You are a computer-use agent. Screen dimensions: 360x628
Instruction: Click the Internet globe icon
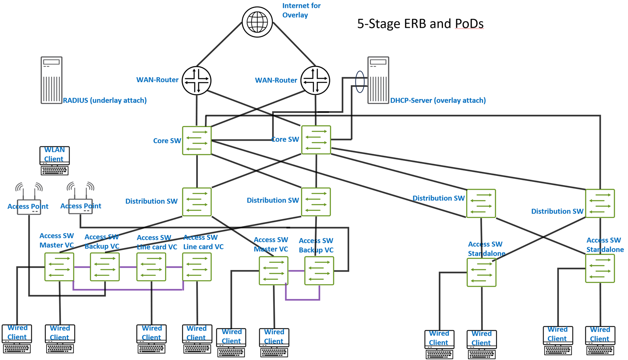click(257, 22)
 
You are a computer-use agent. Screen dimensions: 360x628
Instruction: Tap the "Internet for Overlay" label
click(301, 11)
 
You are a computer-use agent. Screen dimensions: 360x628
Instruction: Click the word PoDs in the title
click(469, 24)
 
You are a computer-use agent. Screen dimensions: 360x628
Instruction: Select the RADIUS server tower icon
click(52, 80)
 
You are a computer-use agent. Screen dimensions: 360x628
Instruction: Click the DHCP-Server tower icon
click(378, 80)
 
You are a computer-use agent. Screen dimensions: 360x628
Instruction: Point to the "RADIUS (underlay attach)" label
click(105, 101)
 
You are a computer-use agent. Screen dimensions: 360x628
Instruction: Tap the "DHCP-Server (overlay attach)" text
click(438, 101)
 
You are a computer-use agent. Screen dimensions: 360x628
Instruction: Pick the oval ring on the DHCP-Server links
click(360, 81)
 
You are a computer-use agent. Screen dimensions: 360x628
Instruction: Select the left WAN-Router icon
click(197, 81)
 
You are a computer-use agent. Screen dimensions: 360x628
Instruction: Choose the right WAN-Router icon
click(315, 81)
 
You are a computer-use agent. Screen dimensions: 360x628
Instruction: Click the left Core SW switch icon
click(197, 140)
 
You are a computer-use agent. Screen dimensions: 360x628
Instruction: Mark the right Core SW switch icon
click(316, 140)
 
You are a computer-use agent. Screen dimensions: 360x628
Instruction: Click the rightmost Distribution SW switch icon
click(600, 203)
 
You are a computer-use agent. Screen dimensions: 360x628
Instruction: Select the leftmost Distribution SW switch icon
click(197, 202)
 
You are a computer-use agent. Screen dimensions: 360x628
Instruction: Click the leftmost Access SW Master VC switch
click(59, 267)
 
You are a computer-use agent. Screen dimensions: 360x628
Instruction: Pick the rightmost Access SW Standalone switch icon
click(600, 268)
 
